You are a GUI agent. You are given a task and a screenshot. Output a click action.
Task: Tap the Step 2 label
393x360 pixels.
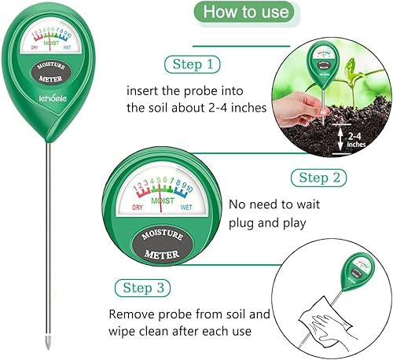click(319, 178)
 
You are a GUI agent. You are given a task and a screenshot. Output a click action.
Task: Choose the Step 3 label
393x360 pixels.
click(143, 288)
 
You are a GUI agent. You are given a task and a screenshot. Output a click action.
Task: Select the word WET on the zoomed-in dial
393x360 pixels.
click(186, 208)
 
